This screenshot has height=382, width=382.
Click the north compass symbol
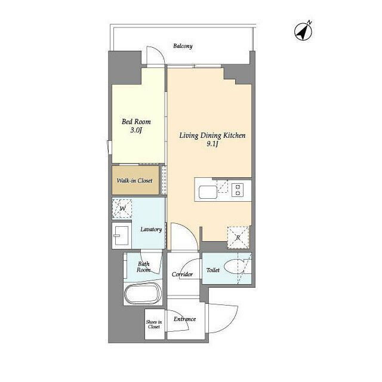click(303, 32)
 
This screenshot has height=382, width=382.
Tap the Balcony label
click(183, 46)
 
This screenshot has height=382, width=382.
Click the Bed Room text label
click(136, 122)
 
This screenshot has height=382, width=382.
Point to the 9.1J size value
click(212, 144)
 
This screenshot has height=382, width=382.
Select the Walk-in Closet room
click(135, 180)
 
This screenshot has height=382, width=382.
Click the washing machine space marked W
click(122, 208)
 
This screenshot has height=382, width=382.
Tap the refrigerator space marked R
click(238, 238)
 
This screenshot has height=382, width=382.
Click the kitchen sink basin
click(208, 192)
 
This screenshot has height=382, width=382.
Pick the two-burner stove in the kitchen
click(238, 190)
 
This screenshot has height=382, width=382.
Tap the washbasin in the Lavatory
click(122, 236)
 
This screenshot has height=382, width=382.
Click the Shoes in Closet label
click(154, 324)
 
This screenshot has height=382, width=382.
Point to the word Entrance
click(184, 319)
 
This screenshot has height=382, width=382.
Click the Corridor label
click(182, 275)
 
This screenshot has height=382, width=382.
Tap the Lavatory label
click(151, 229)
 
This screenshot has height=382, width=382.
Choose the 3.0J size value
click(136, 130)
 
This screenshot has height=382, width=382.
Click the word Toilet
click(213, 270)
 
